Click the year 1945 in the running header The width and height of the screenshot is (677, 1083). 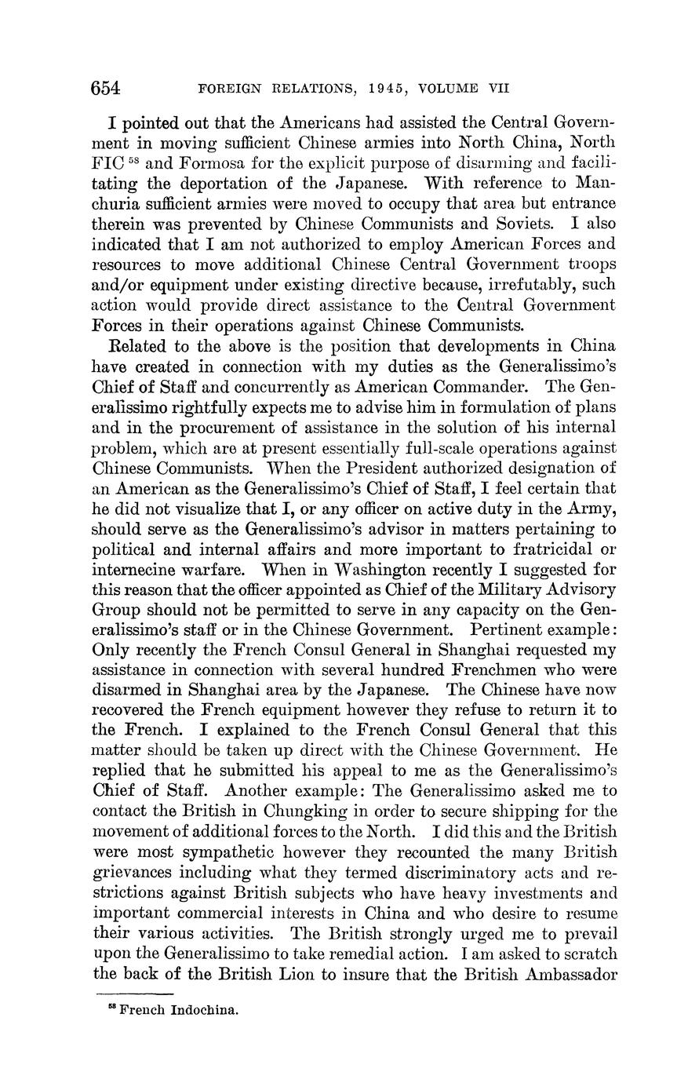coord(387,89)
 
